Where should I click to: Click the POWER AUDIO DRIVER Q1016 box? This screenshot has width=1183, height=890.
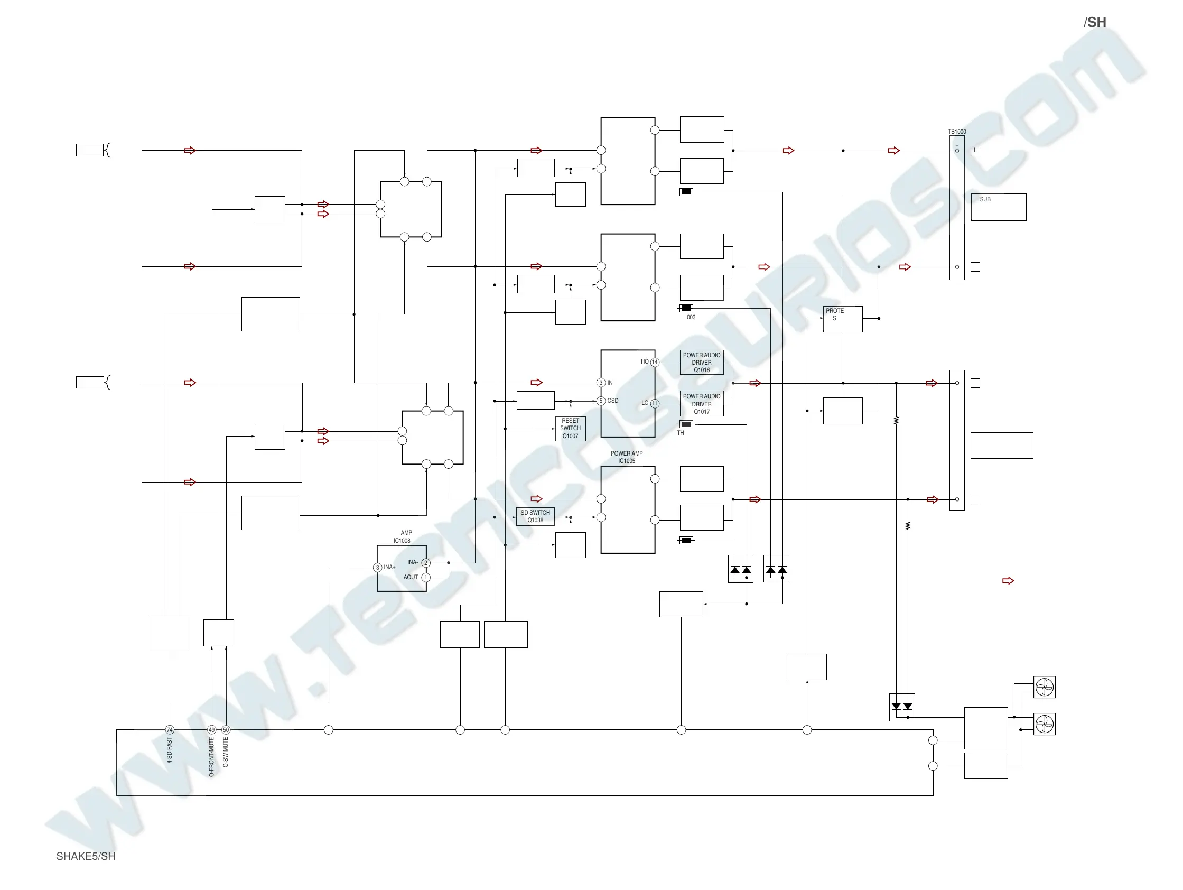(x=701, y=363)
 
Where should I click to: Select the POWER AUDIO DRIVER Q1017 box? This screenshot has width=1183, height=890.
(x=701, y=404)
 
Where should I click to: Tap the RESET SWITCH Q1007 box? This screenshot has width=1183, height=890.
(x=570, y=429)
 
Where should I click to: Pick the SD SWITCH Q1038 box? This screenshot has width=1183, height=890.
(x=535, y=517)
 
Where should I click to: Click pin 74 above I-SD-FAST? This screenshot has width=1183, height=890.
(x=170, y=730)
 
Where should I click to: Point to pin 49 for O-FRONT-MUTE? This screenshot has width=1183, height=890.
(x=212, y=730)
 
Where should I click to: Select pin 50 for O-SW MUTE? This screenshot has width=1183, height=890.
(x=226, y=730)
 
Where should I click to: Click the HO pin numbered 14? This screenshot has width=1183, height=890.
(x=655, y=362)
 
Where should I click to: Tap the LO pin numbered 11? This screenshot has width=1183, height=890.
(x=655, y=403)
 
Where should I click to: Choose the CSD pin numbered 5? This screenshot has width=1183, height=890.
(x=601, y=401)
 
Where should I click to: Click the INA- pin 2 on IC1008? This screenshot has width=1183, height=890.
(x=426, y=563)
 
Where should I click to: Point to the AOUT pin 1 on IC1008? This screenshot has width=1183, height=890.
(x=426, y=578)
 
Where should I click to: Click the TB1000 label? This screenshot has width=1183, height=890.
(x=957, y=132)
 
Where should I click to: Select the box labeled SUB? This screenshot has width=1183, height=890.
(x=998, y=207)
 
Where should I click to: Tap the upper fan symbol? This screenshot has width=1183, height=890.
(x=1044, y=687)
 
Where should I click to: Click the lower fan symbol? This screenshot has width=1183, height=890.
(x=1044, y=724)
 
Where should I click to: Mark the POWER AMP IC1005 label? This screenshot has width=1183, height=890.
(x=627, y=457)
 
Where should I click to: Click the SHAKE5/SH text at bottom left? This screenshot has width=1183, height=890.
(x=86, y=856)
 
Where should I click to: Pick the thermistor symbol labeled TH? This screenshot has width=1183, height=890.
(x=686, y=424)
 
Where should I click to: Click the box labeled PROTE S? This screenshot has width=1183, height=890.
(x=842, y=319)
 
